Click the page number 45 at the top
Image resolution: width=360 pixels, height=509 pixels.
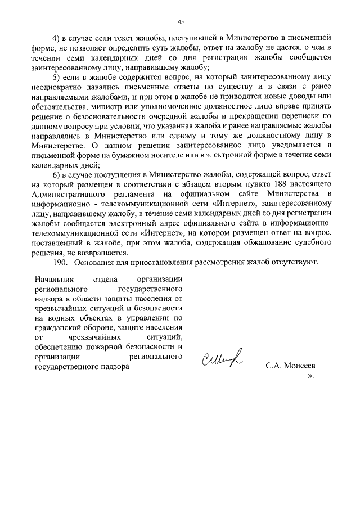181,22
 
